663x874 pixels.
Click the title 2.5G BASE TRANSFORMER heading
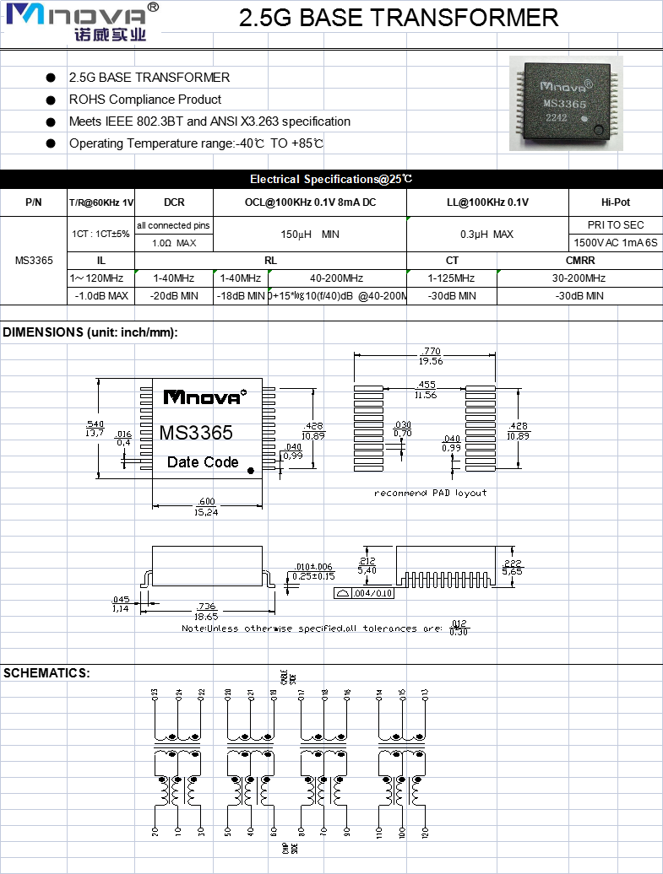(x=399, y=18)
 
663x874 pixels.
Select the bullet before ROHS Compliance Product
(x=52, y=100)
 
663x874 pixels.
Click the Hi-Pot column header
(x=615, y=202)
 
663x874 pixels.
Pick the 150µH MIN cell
(x=309, y=234)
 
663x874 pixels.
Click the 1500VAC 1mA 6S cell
(x=615, y=243)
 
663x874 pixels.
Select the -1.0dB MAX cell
(x=101, y=296)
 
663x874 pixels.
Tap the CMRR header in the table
(x=579, y=261)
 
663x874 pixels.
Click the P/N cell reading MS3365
(x=34, y=260)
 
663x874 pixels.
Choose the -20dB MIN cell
(x=174, y=296)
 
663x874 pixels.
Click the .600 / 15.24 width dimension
(x=205, y=507)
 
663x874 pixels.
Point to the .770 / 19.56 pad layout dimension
(x=431, y=355)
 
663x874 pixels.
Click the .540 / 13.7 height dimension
(x=95, y=429)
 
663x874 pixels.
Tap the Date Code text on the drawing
(x=203, y=462)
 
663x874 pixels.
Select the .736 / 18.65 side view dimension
(x=205, y=611)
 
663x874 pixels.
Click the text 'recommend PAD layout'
(x=431, y=493)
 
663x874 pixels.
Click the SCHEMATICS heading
(x=46, y=673)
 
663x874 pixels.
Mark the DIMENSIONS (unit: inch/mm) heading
(x=90, y=332)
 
